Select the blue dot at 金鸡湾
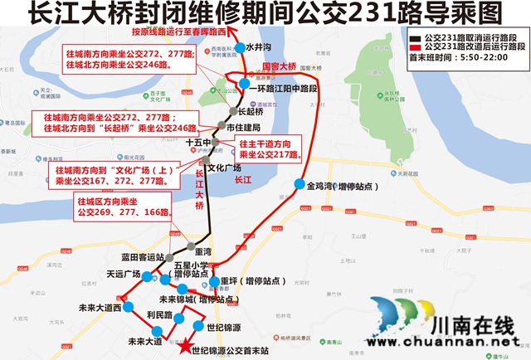(x=299, y=185)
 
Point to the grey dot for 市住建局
(x=221, y=127)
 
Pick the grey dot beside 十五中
(x=214, y=143)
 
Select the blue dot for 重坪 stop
(x=214, y=280)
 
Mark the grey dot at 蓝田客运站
(x=172, y=257)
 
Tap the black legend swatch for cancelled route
(x=414, y=38)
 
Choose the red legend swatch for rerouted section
(x=414, y=48)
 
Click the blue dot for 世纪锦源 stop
(x=197, y=325)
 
